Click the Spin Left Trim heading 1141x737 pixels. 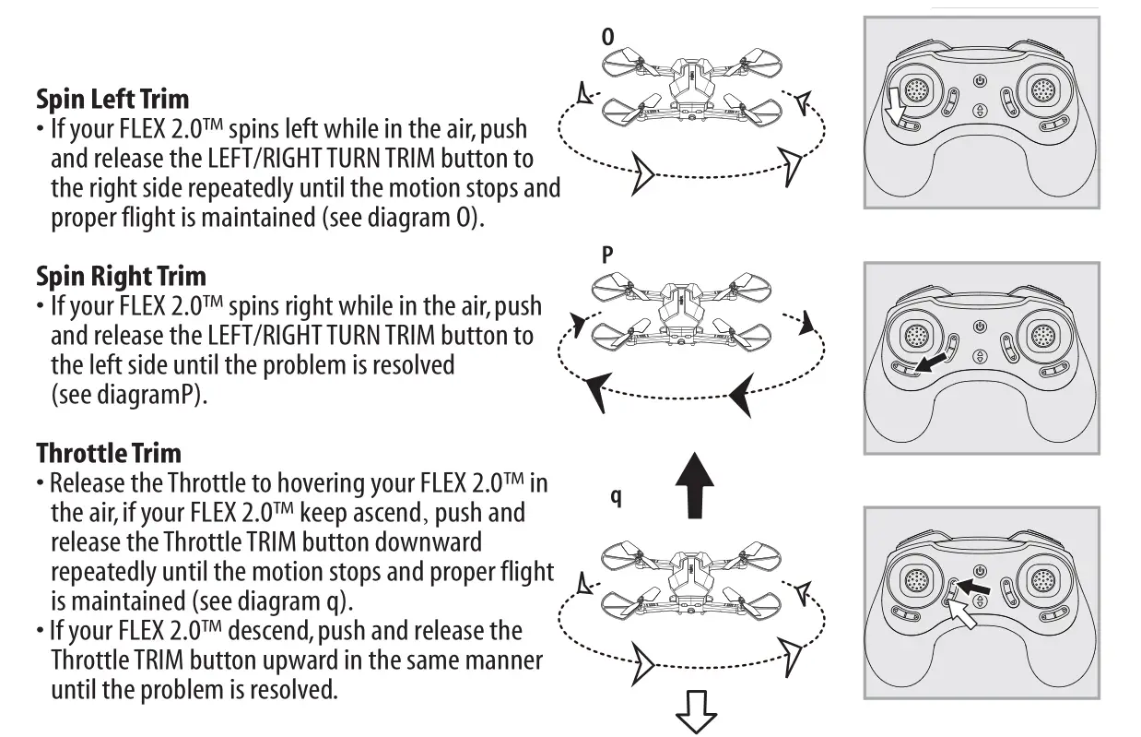pyautogui.click(x=112, y=99)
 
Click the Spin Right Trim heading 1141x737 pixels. pyautogui.click(x=121, y=276)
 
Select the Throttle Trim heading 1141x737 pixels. pyautogui.click(x=109, y=453)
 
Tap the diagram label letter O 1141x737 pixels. pyautogui.click(x=607, y=37)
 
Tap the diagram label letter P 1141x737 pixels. pyautogui.click(x=607, y=256)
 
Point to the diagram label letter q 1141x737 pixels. pyautogui.click(x=616, y=497)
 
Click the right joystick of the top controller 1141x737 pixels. pyautogui.click(x=1043, y=89)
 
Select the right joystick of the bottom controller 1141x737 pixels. pyautogui.click(x=1043, y=580)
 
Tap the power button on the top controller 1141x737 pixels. pyautogui.click(x=980, y=81)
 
